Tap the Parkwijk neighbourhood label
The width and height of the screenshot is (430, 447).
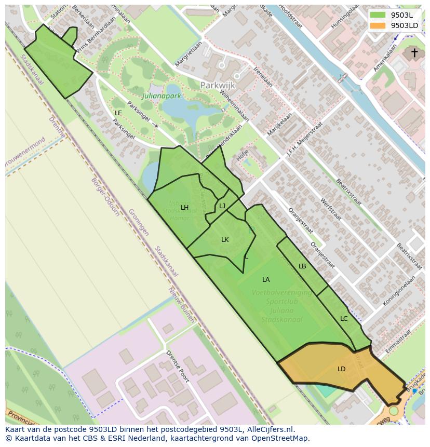218,85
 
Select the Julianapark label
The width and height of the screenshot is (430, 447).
161,96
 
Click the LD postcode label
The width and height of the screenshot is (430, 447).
341,369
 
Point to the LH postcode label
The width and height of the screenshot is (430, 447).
184,208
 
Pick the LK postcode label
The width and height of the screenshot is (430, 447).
225,240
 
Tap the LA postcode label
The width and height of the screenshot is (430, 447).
266,280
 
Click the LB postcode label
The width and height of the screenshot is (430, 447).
302,266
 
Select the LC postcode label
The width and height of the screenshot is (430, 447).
344,319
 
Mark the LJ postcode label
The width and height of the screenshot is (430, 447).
222,206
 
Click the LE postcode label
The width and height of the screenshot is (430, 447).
118,113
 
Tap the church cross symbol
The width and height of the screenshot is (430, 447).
414,52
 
